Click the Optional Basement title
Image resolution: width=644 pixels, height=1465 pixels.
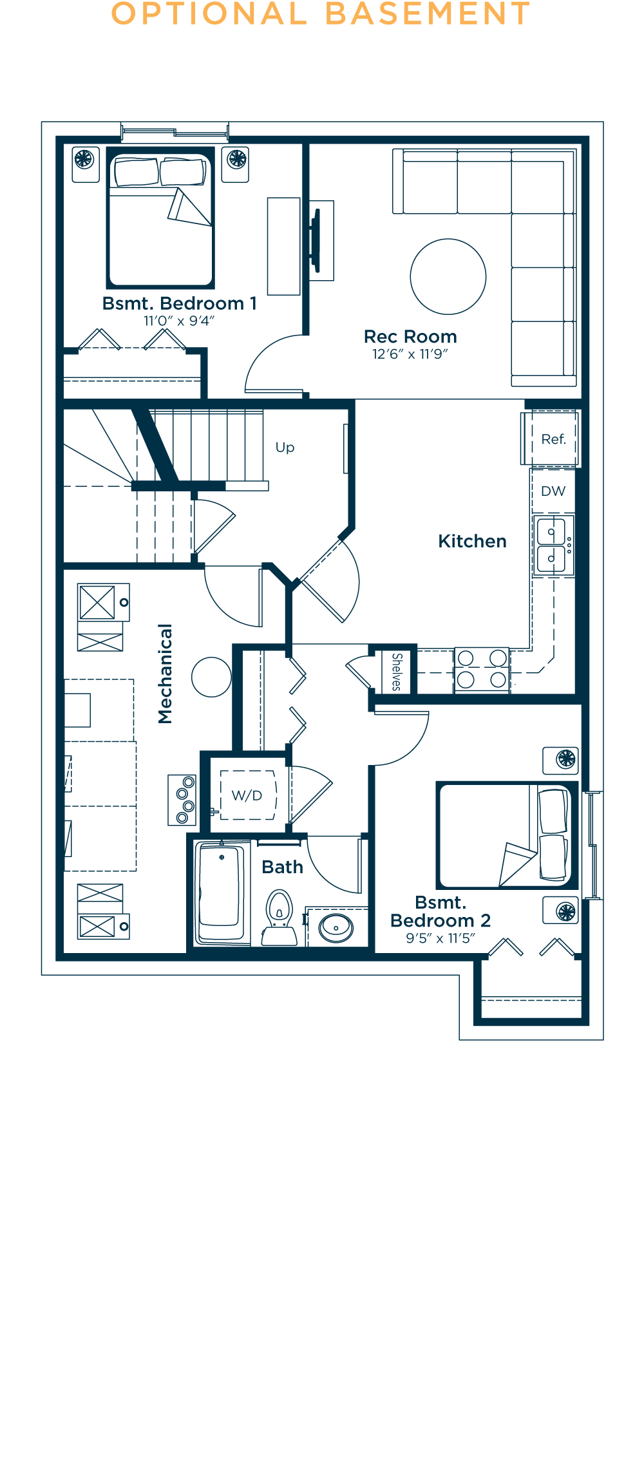tap(321, 14)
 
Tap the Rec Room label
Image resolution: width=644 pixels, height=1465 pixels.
tap(410, 337)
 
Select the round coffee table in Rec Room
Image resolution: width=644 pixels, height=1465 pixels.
tap(448, 277)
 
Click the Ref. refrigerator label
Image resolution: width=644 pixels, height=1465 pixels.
tap(553, 439)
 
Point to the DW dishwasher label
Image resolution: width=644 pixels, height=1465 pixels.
tap(553, 491)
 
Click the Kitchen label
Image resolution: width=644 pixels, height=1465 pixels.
tap(472, 541)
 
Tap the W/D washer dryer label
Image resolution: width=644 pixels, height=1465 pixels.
tap(247, 795)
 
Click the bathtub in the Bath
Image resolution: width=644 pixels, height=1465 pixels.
tap(220, 894)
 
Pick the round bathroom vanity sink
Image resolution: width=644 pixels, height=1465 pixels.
tap(336, 928)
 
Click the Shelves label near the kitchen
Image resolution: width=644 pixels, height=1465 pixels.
tap(397, 672)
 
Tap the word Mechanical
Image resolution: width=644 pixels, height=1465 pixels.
tap(166, 674)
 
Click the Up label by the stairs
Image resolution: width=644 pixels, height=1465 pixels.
tap(285, 447)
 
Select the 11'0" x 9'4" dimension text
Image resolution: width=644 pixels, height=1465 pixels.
tap(179, 321)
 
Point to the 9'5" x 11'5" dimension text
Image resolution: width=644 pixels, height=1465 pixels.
tap(440, 938)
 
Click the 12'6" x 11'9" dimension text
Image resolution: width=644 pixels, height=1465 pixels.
tap(410, 354)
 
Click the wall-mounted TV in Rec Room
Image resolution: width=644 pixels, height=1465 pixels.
tap(316, 240)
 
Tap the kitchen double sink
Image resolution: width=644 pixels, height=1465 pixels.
tap(552, 545)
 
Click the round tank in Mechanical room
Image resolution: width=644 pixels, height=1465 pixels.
tap(211, 677)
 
